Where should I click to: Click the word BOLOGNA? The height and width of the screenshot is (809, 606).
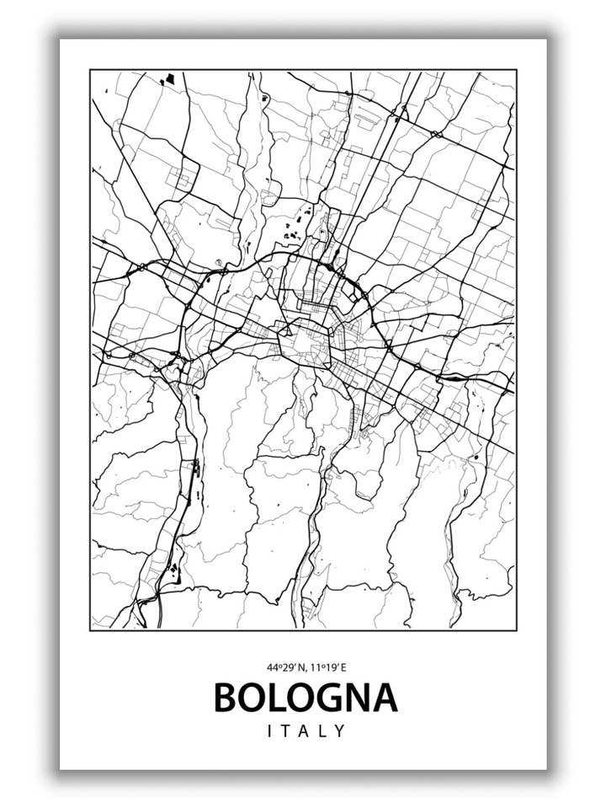coord(306,697)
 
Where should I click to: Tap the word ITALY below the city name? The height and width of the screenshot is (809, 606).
coord(306,731)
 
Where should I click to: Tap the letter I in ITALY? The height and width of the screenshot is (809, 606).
coord(270,731)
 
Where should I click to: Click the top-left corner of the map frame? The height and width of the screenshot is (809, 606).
coord(90,70)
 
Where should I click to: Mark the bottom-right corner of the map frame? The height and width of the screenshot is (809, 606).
coord(516,630)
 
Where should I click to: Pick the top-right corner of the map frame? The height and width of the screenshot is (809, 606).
coord(516,70)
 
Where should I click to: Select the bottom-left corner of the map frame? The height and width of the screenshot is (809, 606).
coord(90,630)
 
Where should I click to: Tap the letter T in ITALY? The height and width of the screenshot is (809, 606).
coord(286,731)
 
